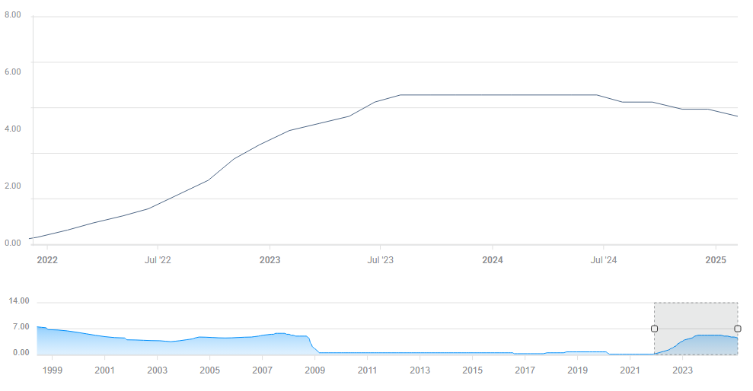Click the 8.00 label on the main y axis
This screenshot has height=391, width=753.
13,14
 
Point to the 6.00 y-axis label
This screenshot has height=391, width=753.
13,72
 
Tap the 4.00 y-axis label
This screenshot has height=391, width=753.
13,129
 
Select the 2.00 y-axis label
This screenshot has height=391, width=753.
13,186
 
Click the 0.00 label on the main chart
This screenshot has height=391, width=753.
13,243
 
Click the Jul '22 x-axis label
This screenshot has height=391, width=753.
158,260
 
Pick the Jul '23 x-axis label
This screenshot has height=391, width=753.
380,260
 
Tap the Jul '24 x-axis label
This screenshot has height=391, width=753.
604,260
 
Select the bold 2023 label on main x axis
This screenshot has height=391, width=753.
270,260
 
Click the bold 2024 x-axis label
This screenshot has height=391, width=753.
493,260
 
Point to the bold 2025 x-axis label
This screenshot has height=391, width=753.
716,260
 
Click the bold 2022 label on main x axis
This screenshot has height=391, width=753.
47,260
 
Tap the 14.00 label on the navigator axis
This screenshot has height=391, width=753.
19,301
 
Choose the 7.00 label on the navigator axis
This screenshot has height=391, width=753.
21,327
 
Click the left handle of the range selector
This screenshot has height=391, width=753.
654,329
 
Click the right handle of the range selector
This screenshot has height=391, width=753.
738,329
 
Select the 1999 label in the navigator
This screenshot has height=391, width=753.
52,370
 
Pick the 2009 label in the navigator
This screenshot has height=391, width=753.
314,370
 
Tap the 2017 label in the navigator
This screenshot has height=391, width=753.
525,370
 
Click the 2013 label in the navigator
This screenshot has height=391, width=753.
420,370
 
